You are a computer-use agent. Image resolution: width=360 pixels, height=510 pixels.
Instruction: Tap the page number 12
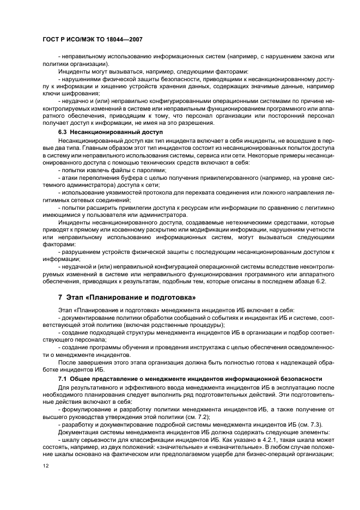[x=45, y=466]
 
